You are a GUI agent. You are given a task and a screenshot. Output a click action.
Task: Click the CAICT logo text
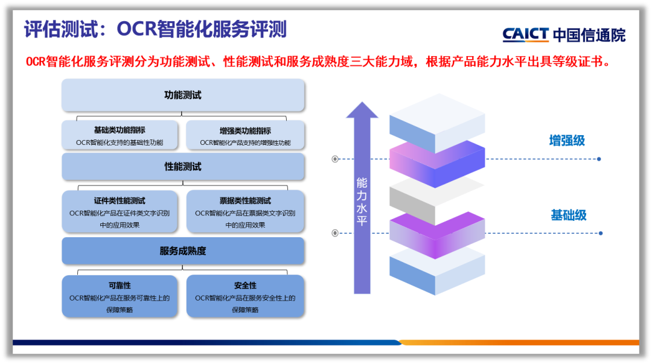(525, 34)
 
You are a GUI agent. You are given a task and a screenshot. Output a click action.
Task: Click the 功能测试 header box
(183, 95)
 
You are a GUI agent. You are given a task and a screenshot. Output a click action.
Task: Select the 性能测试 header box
(183, 167)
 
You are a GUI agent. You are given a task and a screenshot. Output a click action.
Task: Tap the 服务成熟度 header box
(183, 251)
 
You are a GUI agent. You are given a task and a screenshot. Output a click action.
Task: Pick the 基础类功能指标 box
(120, 136)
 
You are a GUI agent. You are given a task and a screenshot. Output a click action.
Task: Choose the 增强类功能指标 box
(245, 136)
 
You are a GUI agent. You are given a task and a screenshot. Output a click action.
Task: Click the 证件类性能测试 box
(120, 212)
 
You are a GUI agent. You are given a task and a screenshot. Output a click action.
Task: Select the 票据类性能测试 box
(245, 212)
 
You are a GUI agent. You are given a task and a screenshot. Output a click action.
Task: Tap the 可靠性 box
(120, 296)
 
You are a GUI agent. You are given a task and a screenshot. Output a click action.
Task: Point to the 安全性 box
(245, 296)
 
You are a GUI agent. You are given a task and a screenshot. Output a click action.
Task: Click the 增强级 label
(567, 141)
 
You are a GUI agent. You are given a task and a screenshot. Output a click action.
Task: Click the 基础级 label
(568, 216)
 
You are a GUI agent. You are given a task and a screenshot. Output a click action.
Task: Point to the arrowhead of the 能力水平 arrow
(362, 110)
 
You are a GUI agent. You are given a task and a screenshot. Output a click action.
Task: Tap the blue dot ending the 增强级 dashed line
(599, 159)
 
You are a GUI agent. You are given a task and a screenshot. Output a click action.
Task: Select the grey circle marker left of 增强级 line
(335, 159)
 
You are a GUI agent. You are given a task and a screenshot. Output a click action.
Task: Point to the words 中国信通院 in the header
(589, 35)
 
